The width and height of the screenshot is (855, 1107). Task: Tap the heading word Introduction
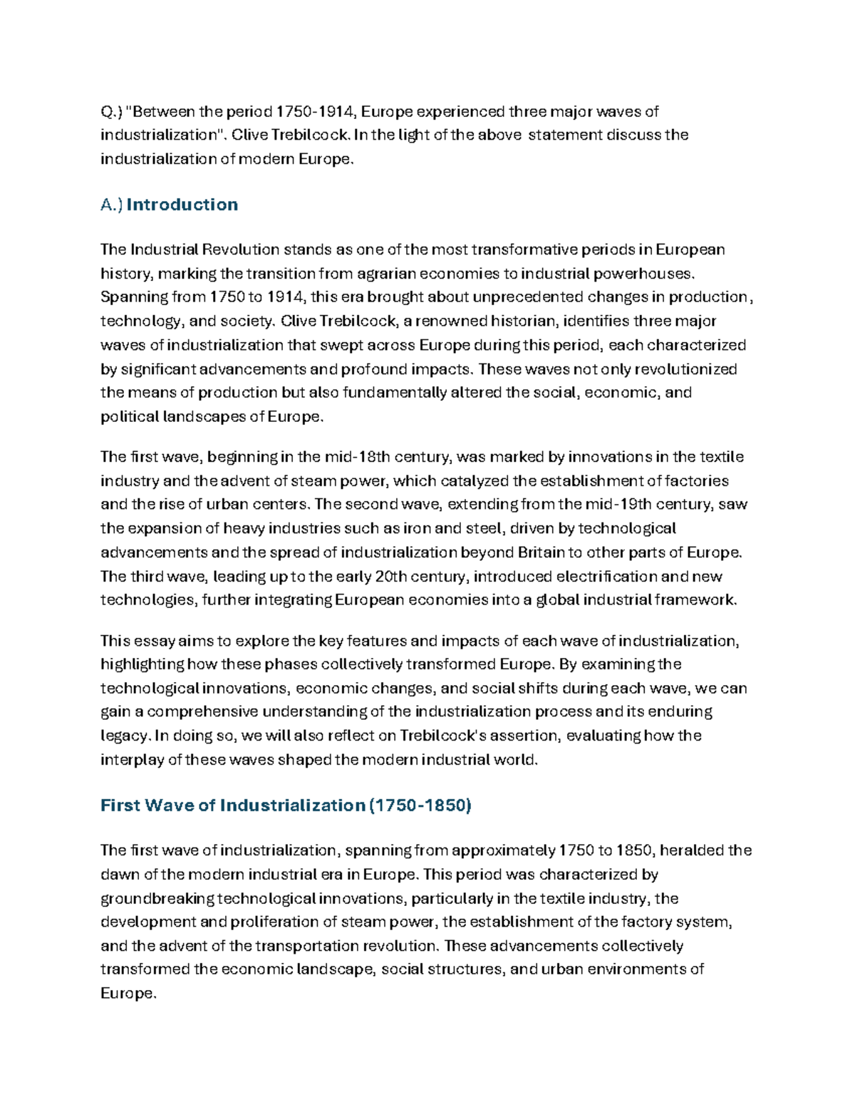[182, 205]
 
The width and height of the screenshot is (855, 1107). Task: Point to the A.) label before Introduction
[112, 205]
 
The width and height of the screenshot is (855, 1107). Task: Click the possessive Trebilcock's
[442, 736]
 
